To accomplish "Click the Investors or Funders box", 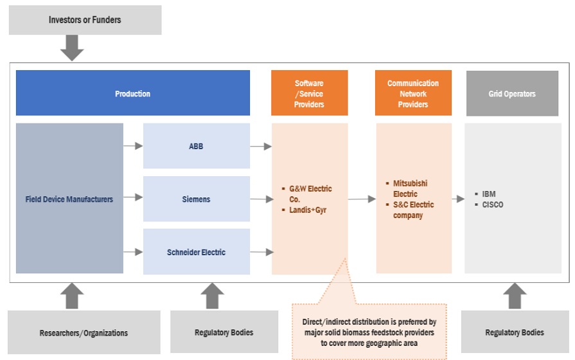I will [x=85, y=20].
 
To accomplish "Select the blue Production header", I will [x=133, y=94].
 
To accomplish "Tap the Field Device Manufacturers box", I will [x=69, y=199].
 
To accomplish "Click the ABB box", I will [x=196, y=147].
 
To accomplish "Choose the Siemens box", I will [x=196, y=199].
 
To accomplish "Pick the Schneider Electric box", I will [x=196, y=252].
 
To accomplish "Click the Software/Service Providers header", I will [x=309, y=94].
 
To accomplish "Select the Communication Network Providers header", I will [x=413, y=94].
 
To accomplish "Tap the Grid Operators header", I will [x=512, y=94].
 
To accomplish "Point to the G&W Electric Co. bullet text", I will [x=310, y=194].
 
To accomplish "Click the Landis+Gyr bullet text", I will [x=308, y=210].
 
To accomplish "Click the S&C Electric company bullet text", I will [x=414, y=210].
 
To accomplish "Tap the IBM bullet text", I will [x=489, y=194].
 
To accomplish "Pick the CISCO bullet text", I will [x=493, y=204].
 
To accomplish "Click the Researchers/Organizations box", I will [x=84, y=333].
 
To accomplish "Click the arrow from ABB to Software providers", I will [x=260, y=147].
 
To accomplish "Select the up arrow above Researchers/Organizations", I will [x=72, y=296].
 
